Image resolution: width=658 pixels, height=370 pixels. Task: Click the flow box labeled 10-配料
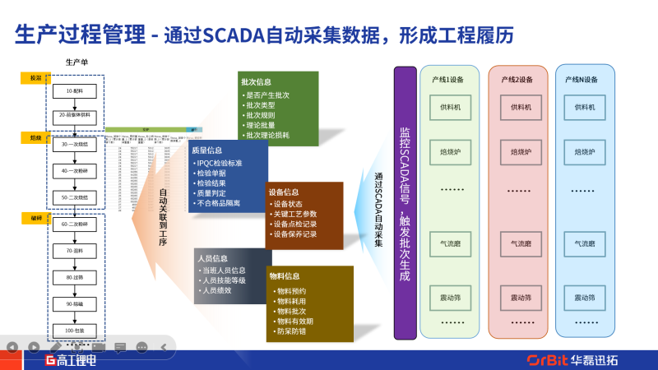[x=75, y=91]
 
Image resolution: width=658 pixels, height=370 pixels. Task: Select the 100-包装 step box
[x=75, y=330]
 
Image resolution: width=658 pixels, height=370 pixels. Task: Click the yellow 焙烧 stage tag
[x=36, y=137]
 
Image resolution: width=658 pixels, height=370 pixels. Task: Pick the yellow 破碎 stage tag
[x=36, y=218]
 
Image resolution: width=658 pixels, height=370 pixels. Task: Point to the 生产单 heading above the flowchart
[x=77, y=62]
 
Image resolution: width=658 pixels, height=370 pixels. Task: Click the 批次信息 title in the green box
[x=256, y=82]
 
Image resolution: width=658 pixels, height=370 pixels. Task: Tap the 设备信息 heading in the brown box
[x=284, y=192]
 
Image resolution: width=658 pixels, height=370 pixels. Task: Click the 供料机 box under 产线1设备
[x=452, y=107]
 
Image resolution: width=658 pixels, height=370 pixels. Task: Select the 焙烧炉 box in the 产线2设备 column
[x=521, y=151]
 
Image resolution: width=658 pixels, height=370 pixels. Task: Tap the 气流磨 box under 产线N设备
[x=585, y=243]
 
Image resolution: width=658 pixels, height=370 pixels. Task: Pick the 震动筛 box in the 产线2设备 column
[x=521, y=297]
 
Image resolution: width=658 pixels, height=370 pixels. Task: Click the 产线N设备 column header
[x=582, y=80]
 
